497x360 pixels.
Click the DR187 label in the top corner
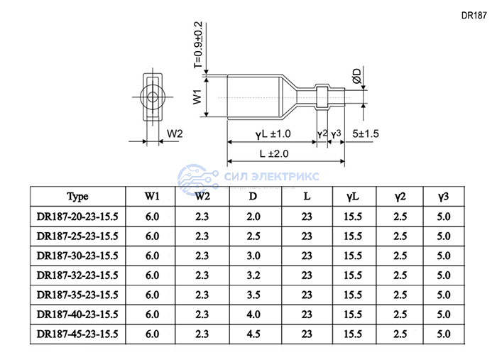[x=474, y=16]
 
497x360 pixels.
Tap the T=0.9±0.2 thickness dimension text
[x=198, y=45]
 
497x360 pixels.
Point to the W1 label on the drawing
[x=197, y=97]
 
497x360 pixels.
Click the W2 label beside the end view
[x=175, y=133]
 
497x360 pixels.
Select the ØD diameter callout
[x=356, y=76]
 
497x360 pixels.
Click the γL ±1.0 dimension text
[x=273, y=134]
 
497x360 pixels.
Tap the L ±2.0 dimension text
[x=274, y=153]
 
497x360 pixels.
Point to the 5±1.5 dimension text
[x=366, y=133]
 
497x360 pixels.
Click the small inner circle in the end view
[x=153, y=97]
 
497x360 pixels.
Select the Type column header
[x=77, y=197]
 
